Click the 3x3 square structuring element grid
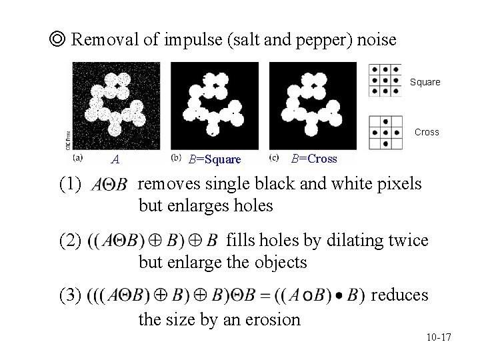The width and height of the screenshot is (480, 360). click(385, 81)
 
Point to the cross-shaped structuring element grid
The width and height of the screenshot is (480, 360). click(385, 131)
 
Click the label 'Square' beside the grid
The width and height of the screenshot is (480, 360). click(425, 83)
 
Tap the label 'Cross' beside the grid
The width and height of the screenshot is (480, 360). click(427, 132)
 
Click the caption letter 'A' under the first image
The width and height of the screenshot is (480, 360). click(115, 159)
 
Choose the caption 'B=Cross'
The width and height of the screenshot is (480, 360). click(315, 159)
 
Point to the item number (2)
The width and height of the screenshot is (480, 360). click(69, 239)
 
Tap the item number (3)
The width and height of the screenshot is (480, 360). click(69, 294)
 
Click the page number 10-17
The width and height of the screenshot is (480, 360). click(437, 338)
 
